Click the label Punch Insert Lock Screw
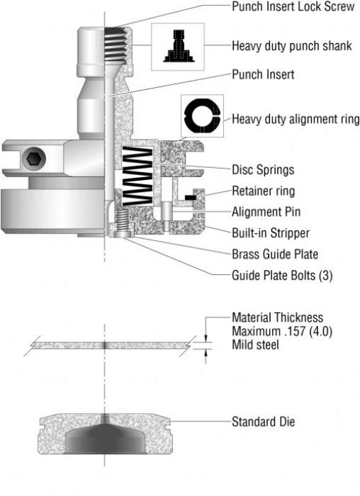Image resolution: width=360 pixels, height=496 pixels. click(x=293, y=6)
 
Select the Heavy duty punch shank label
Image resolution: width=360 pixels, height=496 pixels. click(x=291, y=46)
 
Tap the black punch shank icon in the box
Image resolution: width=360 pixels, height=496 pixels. click(x=178, y=47)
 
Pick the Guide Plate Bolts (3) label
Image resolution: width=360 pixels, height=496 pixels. click(x=281, y=274)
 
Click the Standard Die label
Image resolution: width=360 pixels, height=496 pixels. click(x=263, y=423)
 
